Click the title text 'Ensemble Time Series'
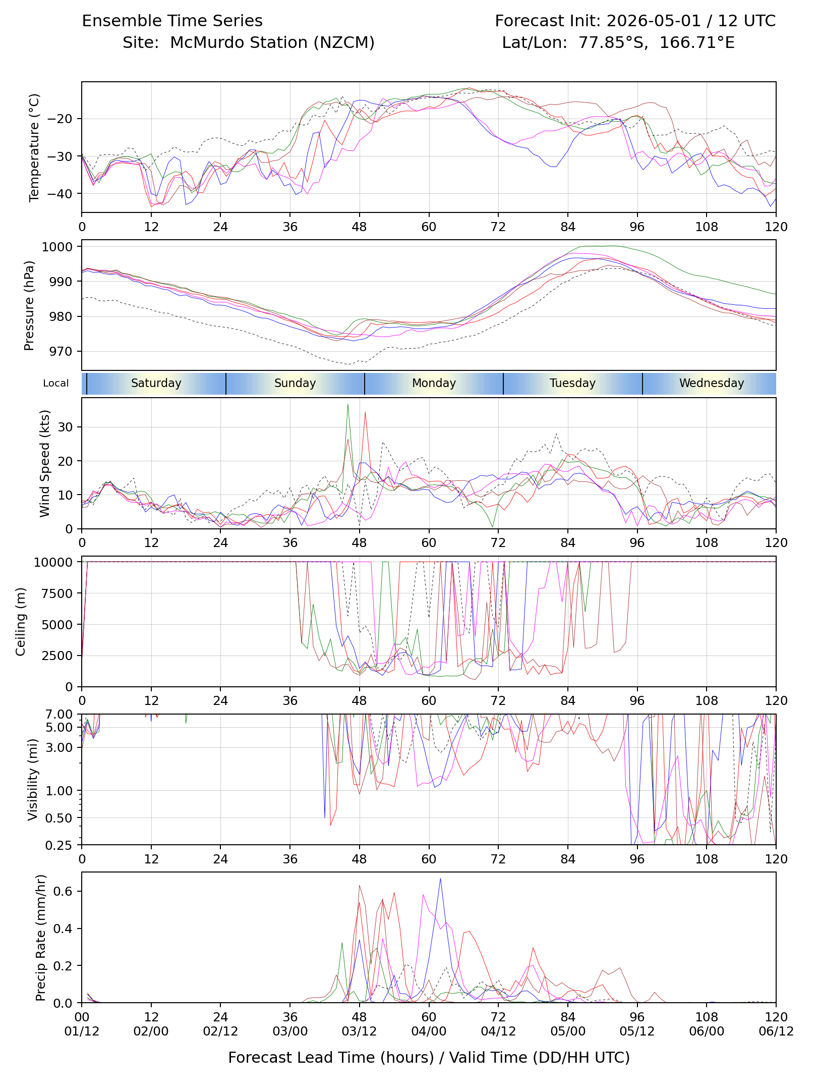click(x=172, y=21)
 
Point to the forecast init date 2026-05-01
click(x=654, y=21)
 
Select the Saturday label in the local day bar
click(x=156, y=383)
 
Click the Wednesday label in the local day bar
click(x=712, y=383)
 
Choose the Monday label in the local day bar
click(x=434, y=383)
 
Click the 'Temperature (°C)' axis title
click(x=34, y=147)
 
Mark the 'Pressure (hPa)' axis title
click(x=29, y=305)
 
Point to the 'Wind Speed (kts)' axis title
click(x=45, y=463)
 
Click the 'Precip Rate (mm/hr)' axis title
click(x=41, y=937)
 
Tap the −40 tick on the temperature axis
click(x=60, y=193)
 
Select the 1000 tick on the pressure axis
click(x=57, y=246)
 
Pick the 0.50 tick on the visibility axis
click(x=60, y=817)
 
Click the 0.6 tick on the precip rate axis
click(x=64, y=891)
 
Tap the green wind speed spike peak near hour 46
click(x=347, y=404)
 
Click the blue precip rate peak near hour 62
click(x=440, y=879)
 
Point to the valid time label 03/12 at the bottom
click(x=360, y=1031)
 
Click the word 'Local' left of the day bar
click(x=56, y=383)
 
